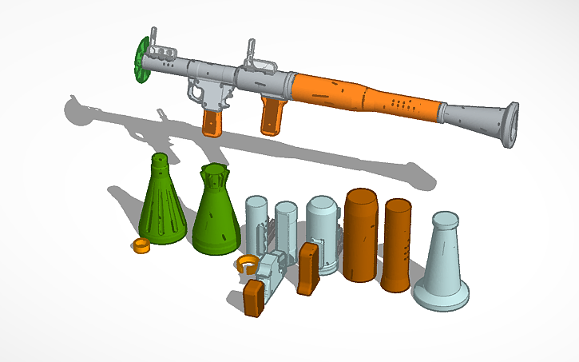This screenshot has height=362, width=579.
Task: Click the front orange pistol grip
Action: (212, 121)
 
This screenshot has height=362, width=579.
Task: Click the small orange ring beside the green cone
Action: (141, 245)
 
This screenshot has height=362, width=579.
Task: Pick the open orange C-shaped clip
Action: (247, 264)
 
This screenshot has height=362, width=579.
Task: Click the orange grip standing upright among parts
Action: (307, 269)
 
